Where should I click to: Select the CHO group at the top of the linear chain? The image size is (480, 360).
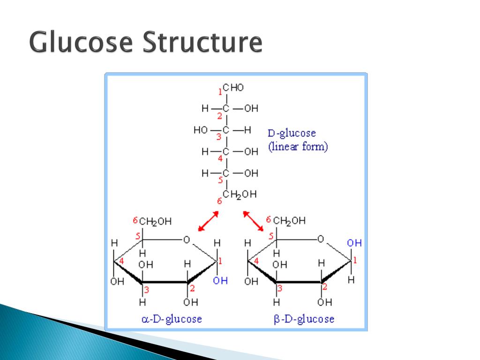[233, 88]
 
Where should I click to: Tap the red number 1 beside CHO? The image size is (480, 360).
[220, 91]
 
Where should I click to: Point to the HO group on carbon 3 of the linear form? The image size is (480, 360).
[200, 130]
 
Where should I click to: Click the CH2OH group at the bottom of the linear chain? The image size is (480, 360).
[240, 195]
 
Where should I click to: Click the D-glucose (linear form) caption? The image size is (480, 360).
[298, 140]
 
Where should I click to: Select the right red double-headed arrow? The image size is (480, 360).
[253, 221]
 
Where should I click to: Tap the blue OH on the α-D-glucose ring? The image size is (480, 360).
[220, 281]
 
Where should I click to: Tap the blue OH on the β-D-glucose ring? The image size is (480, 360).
[354, 243]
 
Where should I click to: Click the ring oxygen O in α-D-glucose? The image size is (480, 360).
[186, 240]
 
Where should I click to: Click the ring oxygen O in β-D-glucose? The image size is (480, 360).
[321, 240]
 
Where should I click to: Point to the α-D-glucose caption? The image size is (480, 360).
[172, 319]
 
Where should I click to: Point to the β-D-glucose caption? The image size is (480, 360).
[304, 319]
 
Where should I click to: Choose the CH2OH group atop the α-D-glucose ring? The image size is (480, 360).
[155, 221]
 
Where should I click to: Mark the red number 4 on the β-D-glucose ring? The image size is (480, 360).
[255, 261]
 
